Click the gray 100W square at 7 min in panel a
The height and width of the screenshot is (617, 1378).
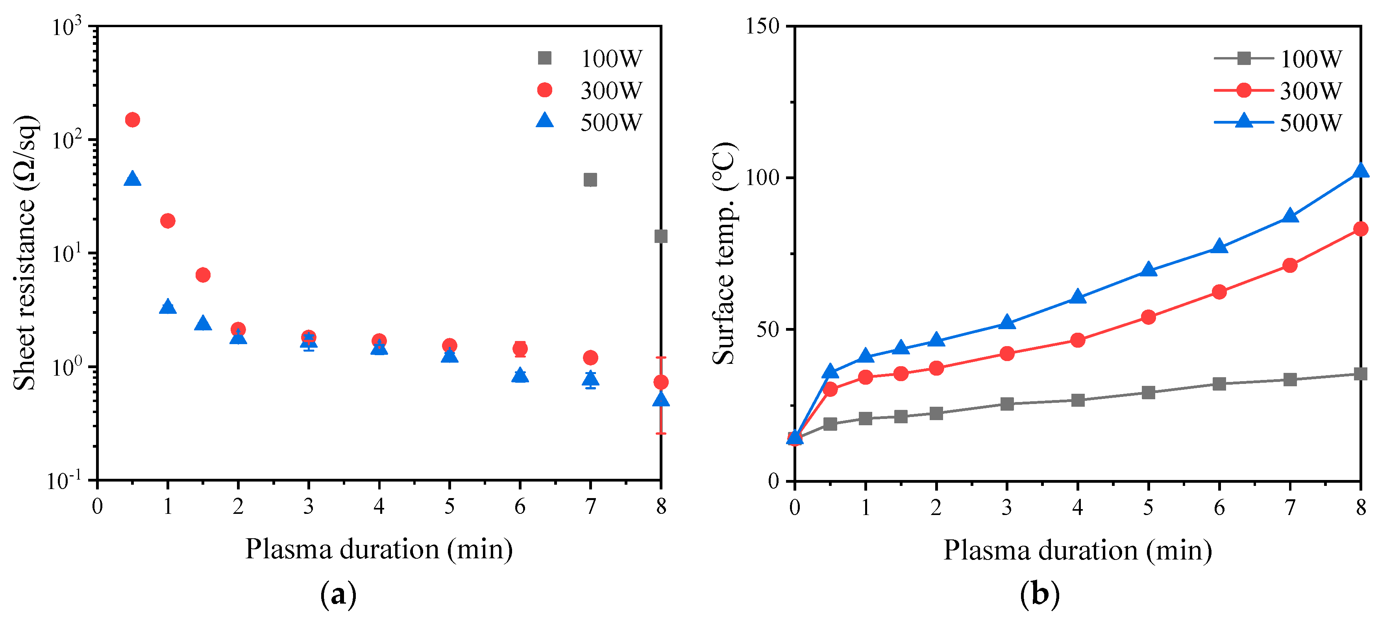tap(590, 180)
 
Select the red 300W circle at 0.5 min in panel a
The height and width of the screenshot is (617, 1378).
tap(132, 120)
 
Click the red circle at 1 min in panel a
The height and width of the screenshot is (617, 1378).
tap(167, 220)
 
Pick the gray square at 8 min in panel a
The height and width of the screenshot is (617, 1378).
tap(660, 236)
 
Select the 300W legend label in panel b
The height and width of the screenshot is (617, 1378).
tap(1311, 91)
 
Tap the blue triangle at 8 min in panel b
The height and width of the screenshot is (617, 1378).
tap(1360, 172)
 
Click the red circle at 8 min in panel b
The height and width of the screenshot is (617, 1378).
tap(1360, 229)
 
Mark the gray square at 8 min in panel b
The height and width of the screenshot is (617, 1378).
tap(1360, 374)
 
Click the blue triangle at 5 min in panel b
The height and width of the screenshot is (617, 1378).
tap(1148, 270)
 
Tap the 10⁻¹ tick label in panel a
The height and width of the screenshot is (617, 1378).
tap(64, 480)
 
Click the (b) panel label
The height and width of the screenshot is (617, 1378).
tap(1040, 595)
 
